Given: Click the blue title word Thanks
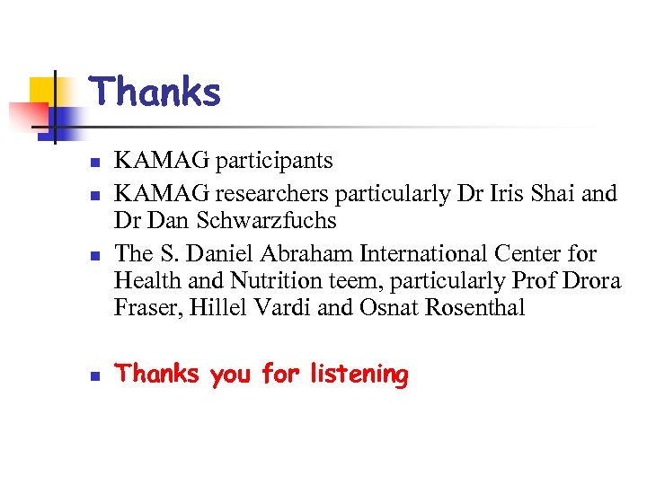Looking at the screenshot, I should [155, 93].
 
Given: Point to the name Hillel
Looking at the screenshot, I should [214, 307].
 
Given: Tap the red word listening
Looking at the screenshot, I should [359, 374].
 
